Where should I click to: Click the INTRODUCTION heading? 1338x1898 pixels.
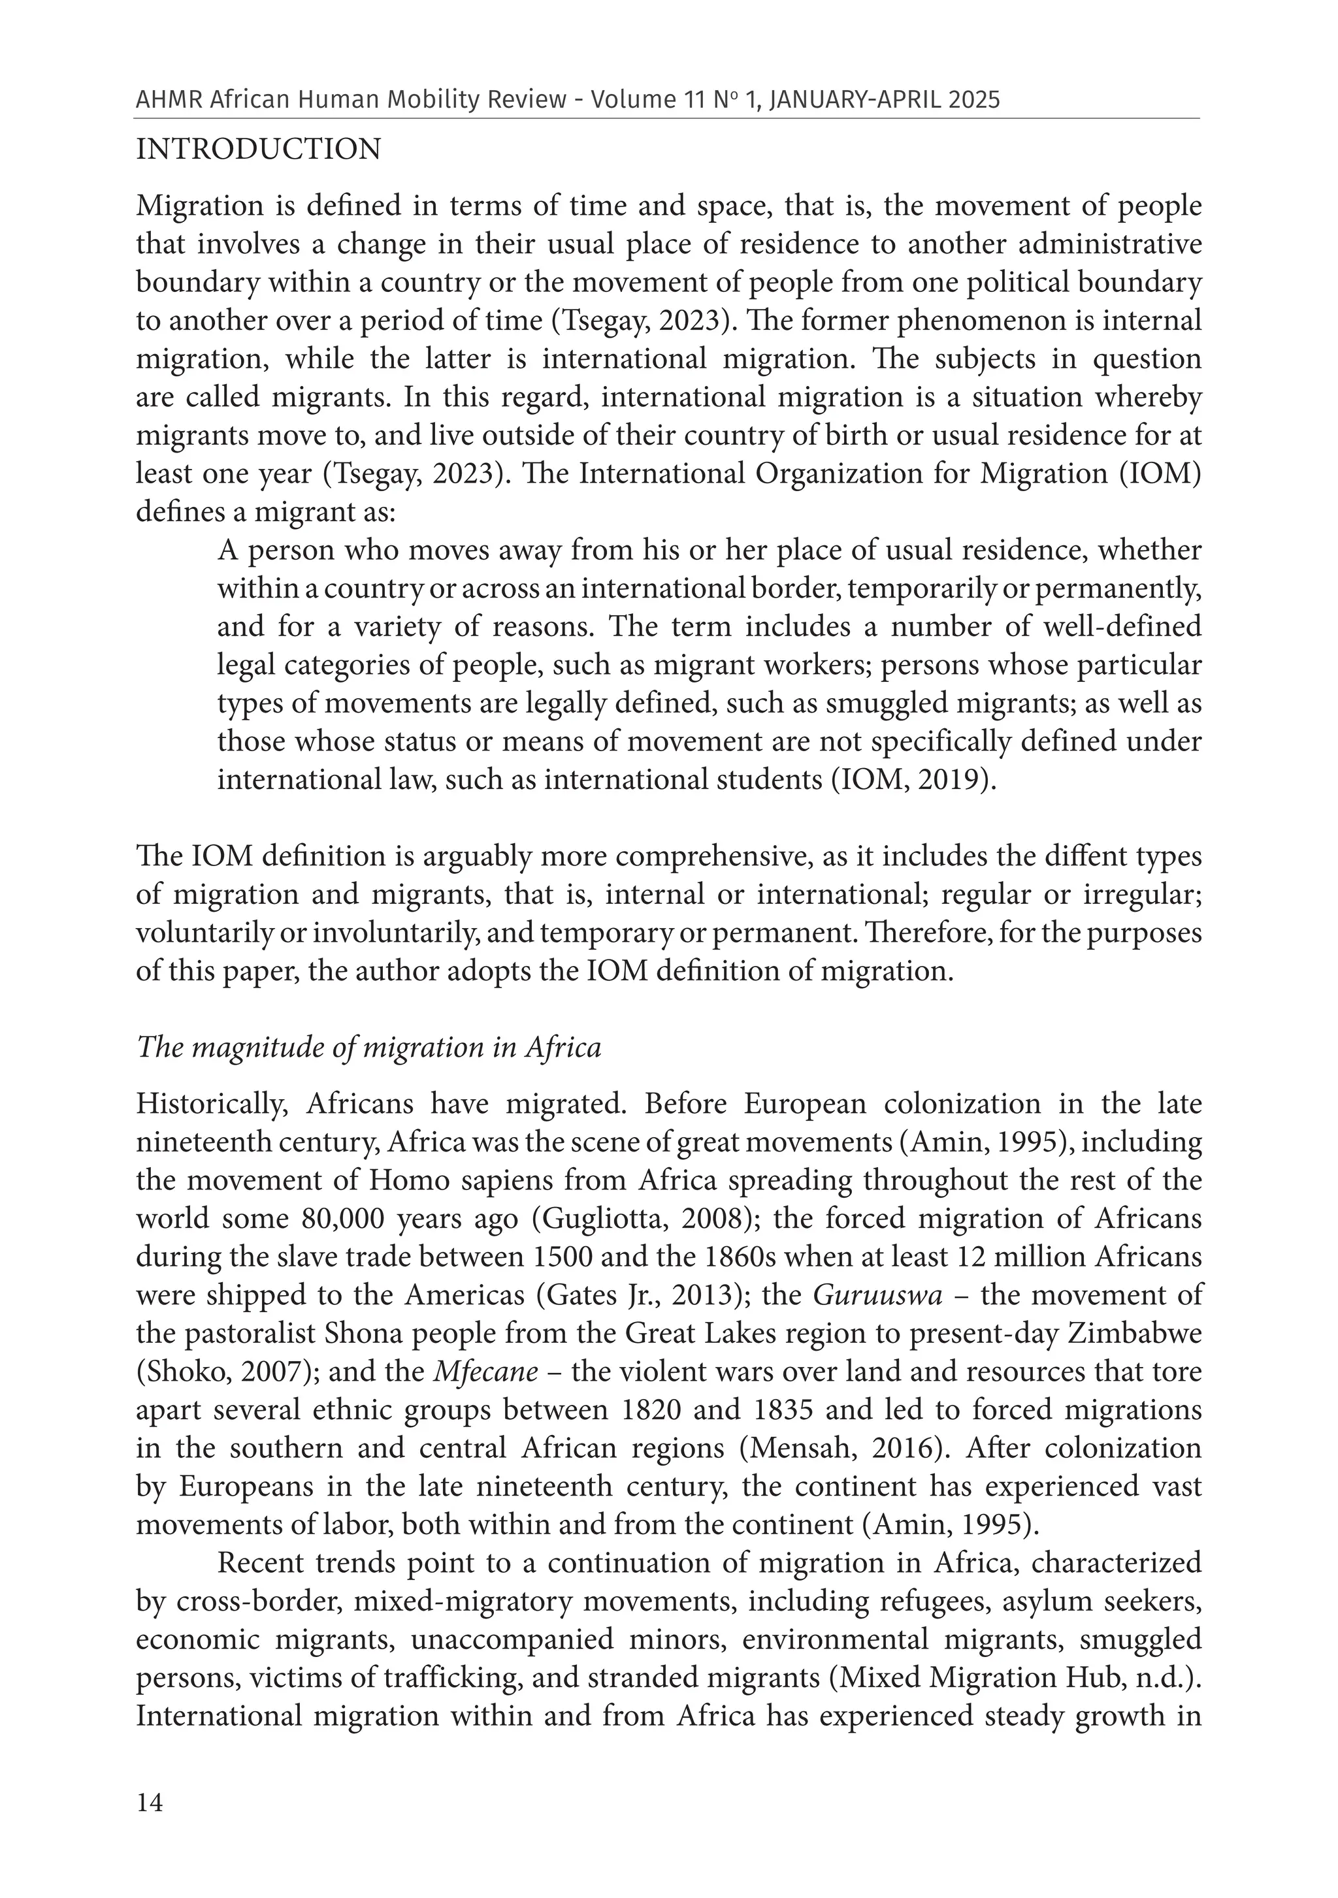pos(258,150)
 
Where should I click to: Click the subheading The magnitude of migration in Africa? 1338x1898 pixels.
pos(369,1048)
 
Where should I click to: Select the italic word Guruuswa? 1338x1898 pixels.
pos(877,1295)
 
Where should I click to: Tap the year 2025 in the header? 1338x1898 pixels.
pos(975,100)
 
